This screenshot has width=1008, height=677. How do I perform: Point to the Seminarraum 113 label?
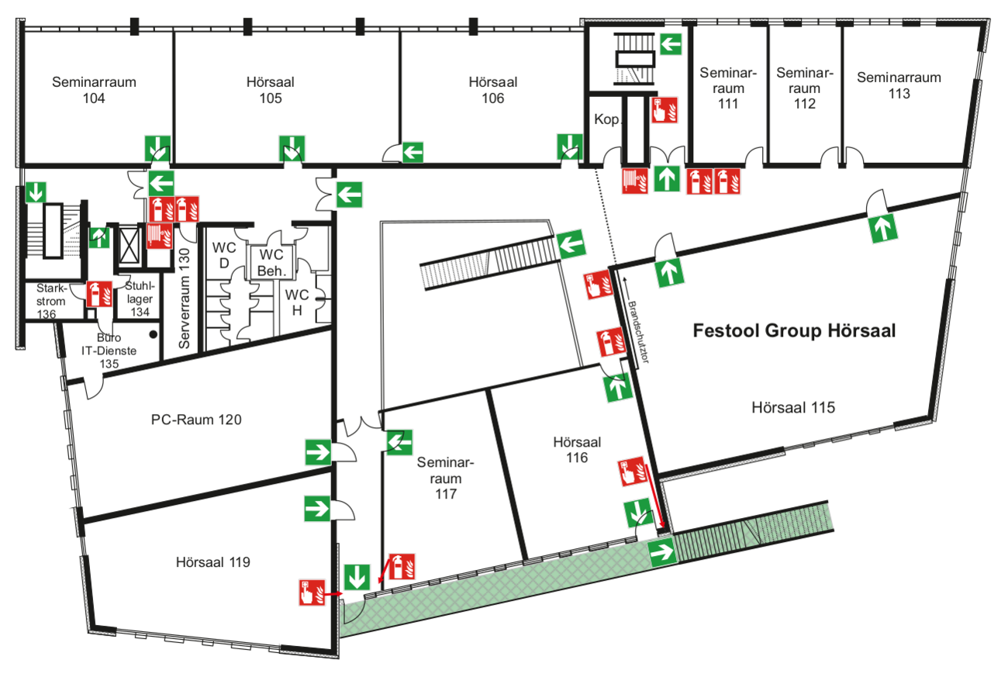899,85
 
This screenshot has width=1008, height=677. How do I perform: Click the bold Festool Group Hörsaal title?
794,331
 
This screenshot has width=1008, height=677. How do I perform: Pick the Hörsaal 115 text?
793,407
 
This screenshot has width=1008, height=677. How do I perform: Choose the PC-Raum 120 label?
196,420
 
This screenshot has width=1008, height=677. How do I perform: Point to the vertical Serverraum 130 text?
185,298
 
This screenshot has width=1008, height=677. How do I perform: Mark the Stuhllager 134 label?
140,298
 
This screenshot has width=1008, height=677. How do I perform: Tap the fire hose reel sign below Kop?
635,180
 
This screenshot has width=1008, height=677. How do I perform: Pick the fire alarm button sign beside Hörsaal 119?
312,592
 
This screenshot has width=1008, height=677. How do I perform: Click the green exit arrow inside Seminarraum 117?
400,442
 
